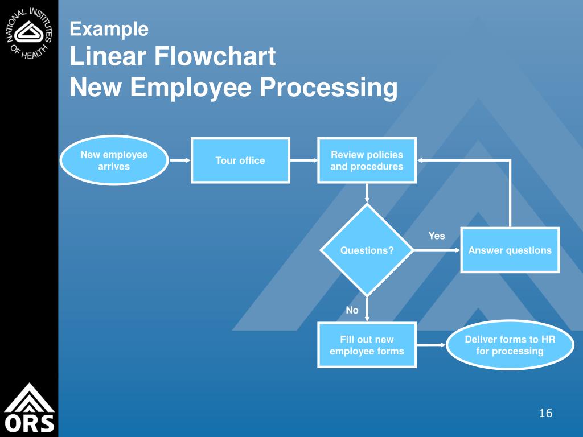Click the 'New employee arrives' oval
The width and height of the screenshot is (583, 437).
click(114, 160)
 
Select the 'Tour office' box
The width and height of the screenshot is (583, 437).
click(240, 160)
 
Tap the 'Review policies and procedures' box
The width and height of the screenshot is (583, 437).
click(367, 160)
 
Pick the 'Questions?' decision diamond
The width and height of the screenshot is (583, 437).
click(367, 250)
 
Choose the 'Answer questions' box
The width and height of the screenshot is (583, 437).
click(510, 250)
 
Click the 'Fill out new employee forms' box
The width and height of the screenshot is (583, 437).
click(367, 345)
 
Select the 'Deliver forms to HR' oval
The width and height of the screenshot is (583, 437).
click(510, 345)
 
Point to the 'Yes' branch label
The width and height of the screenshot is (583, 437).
click(437, 236)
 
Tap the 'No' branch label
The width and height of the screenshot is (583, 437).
click(352, 310)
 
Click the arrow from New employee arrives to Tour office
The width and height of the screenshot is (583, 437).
click(180, 160)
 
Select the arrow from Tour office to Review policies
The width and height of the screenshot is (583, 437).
click(303, 160)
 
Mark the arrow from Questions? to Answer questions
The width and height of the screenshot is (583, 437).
click(437, 250)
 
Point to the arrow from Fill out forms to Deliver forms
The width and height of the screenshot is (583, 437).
click(432, 345)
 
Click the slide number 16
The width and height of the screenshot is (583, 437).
click(545, 413)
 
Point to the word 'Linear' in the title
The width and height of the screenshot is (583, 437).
click(107, 57)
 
